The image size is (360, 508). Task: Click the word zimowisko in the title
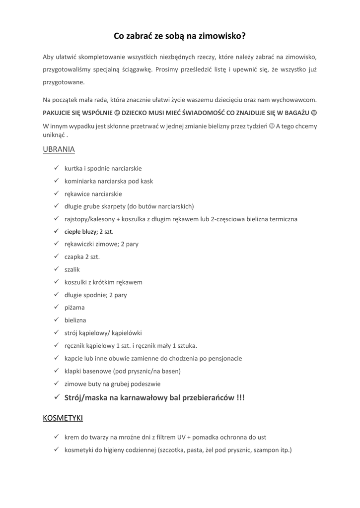click(x=222, y=36)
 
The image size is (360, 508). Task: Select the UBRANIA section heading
click(x=59, y=149)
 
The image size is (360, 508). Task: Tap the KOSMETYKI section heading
click(x=63, y=418)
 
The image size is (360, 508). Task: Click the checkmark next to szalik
click(x=57, y=269)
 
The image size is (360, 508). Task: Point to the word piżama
click(x=74, y=308)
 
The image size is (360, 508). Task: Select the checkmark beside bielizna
click(x=57, y=320)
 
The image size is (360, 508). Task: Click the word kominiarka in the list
click(x=80, y=181)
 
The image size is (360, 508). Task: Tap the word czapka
click(x=74, y=256)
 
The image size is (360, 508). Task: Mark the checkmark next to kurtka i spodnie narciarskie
click(x=57, y=168)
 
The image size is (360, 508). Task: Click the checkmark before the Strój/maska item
click(x=57, y=397)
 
